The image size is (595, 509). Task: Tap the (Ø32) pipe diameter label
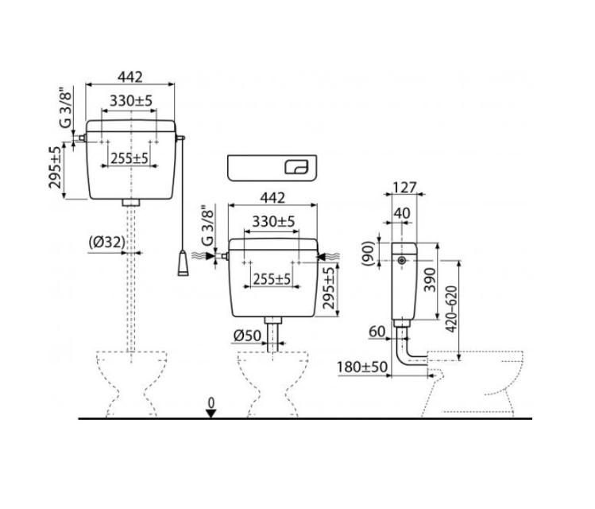(x=106, y=242)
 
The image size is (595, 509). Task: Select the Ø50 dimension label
(x=247, y=336)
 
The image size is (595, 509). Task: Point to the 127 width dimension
(x=404, y=187)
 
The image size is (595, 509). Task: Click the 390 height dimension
(x=430, y=280)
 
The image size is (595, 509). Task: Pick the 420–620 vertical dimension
(x=451, y=309)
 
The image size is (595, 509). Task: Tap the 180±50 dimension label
(x=362, y=367)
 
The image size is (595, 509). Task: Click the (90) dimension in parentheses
(x=368, y=254)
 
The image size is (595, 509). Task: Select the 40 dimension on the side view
(x=402, y=213)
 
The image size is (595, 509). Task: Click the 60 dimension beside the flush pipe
(x=377, y=332)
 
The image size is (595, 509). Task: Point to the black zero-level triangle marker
(x=211, y=414)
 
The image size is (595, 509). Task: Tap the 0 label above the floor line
(x=211, y=402)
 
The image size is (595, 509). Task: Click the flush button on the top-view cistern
(x=296, y=167)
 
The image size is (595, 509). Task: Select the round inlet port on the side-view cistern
(x=401, y=261)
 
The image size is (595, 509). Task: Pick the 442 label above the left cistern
(x=130, y=76)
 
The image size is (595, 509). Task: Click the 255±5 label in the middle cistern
(x=272, y=279)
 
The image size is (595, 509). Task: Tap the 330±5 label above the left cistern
(x=131, y=101)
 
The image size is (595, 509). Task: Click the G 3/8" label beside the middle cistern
(x=207, y=227)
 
